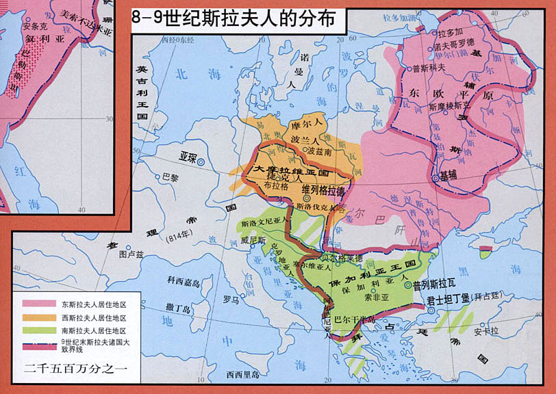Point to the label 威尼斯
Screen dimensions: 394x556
click(x=253, y=240)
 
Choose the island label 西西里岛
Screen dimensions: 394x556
click(x=243, y=374)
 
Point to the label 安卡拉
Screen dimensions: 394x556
click(x=483, y=333)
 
